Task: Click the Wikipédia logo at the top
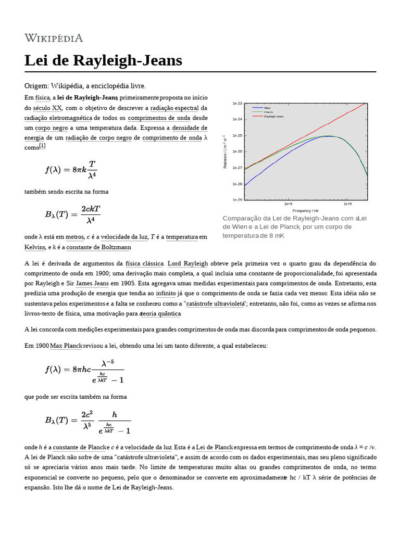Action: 54,37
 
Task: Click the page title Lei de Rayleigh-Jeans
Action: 103,60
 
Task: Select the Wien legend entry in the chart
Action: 267,108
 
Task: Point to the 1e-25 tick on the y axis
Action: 237,135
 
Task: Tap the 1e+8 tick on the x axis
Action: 288,205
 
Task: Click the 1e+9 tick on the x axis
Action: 347,205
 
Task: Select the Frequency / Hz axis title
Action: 305,210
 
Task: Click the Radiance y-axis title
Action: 225,152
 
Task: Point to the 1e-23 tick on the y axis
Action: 237,104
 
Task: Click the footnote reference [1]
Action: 42,146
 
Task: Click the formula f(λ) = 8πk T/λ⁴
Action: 71,169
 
